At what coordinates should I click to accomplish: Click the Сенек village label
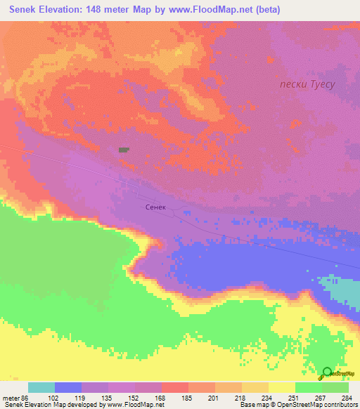[x=156, y=208]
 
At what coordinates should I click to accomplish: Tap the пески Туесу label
[x=306, y=84]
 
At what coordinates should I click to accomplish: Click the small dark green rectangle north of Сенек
[x=124, y=150]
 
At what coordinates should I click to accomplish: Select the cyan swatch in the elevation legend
[x=41, y=387]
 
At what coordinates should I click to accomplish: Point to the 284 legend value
[x=347, y=397]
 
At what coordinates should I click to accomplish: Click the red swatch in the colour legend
[x=174, y=387]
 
